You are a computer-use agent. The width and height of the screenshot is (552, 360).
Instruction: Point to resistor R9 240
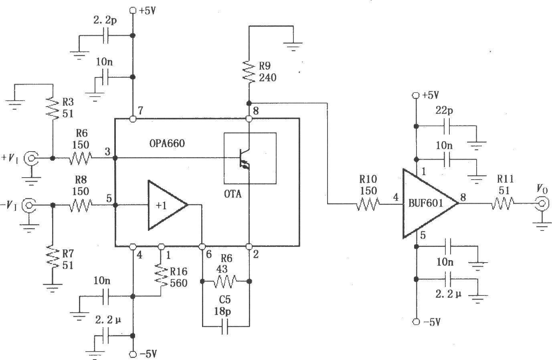point(249,72)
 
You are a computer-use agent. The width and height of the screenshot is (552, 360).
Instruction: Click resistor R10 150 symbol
point(367,204)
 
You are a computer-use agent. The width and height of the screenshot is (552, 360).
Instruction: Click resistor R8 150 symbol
point(81,205)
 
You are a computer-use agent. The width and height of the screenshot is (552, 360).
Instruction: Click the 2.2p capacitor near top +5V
point(106,36)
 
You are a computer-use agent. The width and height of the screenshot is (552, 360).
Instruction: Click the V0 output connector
point(542,204)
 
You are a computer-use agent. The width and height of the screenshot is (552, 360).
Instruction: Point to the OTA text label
point(233,194)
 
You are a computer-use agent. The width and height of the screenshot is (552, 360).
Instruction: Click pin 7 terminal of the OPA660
point(133,119)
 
